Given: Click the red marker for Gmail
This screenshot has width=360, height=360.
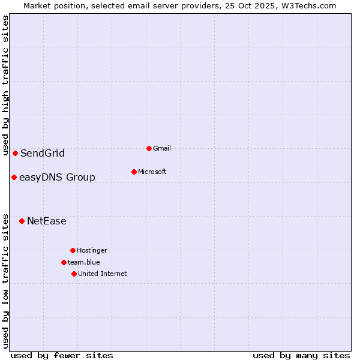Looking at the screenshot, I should click(149, 148).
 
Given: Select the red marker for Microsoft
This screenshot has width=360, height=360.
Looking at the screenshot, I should click(134, 172).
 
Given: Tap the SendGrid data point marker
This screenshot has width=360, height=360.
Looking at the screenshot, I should click(15, 153).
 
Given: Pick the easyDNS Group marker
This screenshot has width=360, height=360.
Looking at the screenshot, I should click(14, 177).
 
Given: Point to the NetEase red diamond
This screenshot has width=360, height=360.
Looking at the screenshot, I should click(22, 221).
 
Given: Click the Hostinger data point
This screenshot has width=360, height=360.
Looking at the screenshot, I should click(73, 250).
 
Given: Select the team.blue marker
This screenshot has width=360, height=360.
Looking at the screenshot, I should click(64, 262).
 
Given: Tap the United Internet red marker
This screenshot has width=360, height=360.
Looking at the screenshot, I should click(74, 274).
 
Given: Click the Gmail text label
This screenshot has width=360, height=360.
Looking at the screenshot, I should click(162, 148).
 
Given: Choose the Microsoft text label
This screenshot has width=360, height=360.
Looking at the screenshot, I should click(152, 172).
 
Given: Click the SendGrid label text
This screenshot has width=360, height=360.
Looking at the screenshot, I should click(43, 153).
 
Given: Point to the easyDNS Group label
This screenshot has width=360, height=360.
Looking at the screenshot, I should click(57, 177).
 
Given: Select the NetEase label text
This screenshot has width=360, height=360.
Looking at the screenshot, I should click(47, 221).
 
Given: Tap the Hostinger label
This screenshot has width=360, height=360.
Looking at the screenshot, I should click(92, 250).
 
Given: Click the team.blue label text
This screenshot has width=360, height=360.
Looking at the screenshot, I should click(84, 262).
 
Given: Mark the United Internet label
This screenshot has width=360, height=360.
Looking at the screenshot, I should click(103, 274).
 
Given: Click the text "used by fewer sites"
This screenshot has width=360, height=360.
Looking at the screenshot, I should click(62, 355).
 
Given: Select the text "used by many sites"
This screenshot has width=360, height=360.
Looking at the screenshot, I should click(301, 355).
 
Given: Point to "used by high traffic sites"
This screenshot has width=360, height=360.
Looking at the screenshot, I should click(5, 85).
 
